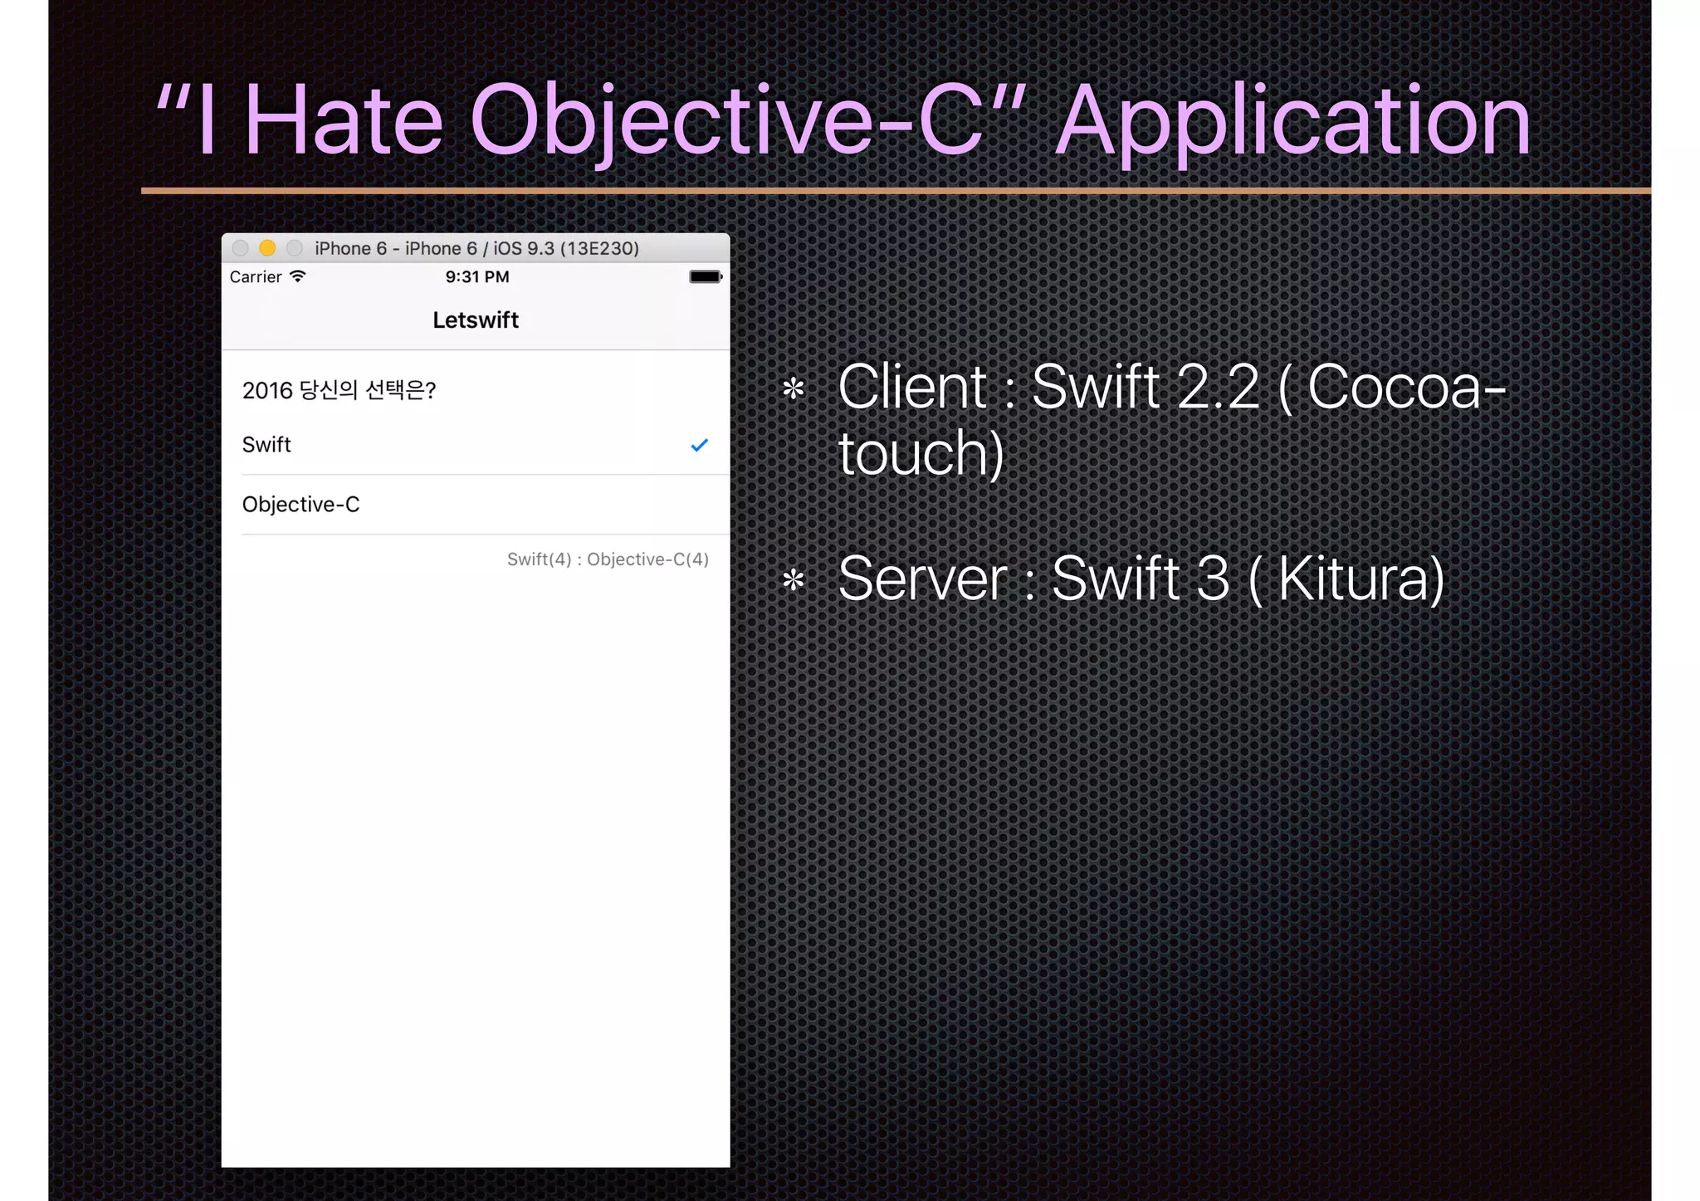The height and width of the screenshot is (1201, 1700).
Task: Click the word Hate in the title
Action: (343, 120)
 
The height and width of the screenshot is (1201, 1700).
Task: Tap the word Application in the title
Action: (1292, 122)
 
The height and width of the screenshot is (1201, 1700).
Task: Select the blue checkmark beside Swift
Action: (699, 446)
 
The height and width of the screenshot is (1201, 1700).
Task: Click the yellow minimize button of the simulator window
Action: (267, 248)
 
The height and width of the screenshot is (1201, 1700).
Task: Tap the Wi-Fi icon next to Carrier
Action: (297, 276)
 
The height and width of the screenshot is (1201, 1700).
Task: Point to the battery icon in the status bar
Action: (706, 276)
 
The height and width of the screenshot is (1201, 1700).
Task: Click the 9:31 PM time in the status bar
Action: (477, 277)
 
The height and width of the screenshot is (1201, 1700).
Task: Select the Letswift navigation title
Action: (476, 320)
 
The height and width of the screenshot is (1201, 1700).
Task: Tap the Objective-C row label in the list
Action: (300, 505)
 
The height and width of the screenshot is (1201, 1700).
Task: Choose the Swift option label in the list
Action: (266, 445)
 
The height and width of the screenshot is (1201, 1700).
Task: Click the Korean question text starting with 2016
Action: (339, 390)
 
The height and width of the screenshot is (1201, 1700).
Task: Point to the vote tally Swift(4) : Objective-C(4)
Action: (608, 559)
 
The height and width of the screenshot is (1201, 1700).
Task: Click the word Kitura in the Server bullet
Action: (1361, 579)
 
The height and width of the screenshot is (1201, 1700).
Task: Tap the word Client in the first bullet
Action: (912, 387)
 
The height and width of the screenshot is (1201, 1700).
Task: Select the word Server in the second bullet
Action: (922, 579)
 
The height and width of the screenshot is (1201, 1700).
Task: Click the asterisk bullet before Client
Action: (794, 388)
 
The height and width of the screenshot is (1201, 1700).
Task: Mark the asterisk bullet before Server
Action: (794, 580)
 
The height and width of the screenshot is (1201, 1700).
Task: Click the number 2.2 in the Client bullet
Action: (1218, 387)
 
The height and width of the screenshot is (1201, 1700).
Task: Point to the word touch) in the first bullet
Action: (921, 454)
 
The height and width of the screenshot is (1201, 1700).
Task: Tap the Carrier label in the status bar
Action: (256, 277)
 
